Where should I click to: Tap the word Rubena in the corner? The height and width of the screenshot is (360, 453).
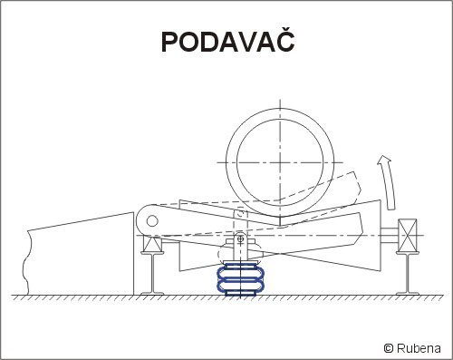point(419,348)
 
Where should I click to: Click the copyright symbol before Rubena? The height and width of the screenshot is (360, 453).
point(389,348)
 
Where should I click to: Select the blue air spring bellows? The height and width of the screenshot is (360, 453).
point(240,278)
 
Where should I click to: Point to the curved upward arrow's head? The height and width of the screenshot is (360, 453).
point(384,160)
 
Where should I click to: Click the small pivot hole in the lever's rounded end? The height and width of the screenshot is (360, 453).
point(152,221)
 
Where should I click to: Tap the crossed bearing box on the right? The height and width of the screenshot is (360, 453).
point(408,236)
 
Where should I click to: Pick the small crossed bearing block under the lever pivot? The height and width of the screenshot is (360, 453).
point(152,244)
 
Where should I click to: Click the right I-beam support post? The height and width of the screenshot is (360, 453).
point(408,273)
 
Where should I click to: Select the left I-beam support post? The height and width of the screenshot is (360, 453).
point(152,273)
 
